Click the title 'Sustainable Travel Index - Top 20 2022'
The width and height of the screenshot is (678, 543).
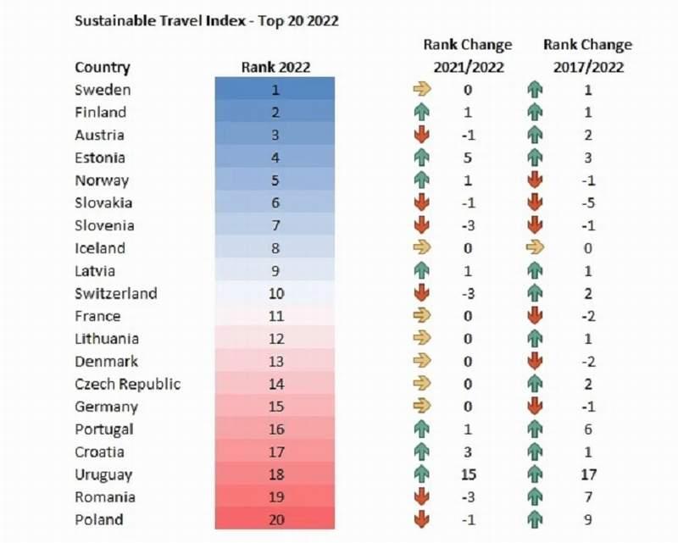tap(206, 20)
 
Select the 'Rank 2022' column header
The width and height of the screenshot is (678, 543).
tap(275, 68)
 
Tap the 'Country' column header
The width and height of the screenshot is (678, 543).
tap(103, 68)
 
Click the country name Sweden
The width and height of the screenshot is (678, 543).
tap(103, 90)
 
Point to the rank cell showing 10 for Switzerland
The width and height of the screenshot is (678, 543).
tap(275, 294)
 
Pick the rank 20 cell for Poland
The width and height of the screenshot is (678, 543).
tap(275, 519)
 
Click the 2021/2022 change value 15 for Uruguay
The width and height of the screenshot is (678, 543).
tap(468, 474)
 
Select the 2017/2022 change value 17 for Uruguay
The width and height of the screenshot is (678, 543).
tap(588, 474)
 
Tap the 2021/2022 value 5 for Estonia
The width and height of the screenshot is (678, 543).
tap(468, 158)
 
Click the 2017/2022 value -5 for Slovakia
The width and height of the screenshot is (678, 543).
tap(588, 202)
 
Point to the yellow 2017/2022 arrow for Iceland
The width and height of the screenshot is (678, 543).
tap(535, 247)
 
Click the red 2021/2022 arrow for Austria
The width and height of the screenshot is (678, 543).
tap(421, 135)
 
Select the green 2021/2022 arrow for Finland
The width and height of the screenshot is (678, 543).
tap(421, 113)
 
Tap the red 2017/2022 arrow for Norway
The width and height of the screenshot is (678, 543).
tap(535, 180)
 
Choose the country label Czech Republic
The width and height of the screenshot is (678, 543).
tap(128, 384)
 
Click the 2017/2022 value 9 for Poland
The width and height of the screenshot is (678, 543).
tap(588, 519)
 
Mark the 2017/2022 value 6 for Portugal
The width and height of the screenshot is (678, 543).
tap(588, 429)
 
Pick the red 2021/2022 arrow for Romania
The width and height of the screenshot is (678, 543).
tap(421, 496)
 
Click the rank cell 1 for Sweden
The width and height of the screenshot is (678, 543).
tap(275, 89)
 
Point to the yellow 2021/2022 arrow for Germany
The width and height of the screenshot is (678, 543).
tap(421, 406)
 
